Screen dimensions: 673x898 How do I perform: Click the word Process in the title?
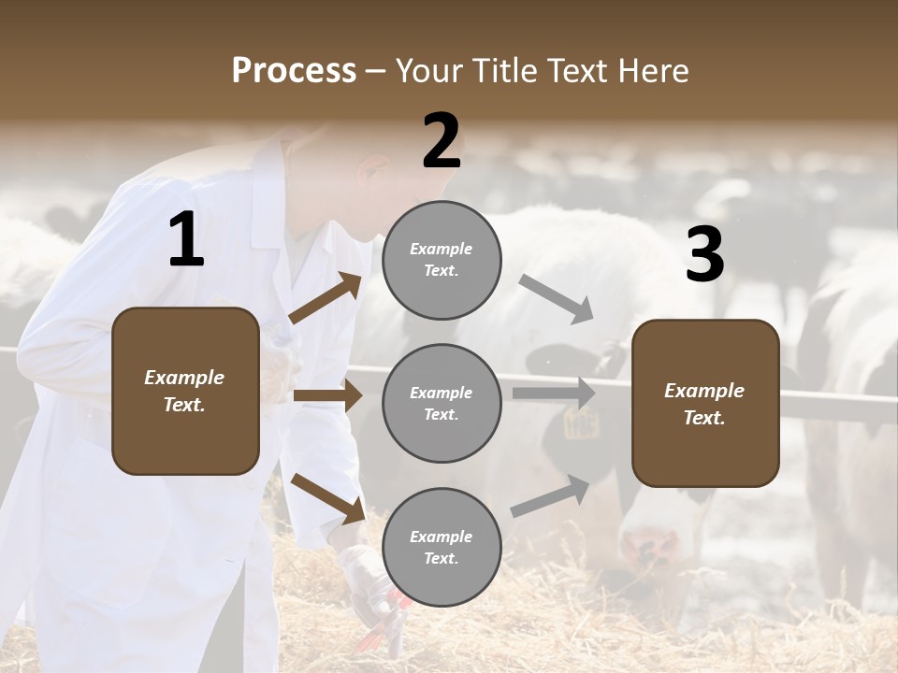(294, 71)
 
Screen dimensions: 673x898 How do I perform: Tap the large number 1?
(186, 240)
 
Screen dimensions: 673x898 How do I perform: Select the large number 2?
(442, 141)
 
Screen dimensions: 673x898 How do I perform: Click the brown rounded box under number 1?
(185, 391)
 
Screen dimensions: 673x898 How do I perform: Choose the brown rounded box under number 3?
(705, 404)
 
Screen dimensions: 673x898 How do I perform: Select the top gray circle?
(442, 260)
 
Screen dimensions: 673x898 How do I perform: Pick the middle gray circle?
(442, 404)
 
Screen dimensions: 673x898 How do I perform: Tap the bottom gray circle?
(442, 548)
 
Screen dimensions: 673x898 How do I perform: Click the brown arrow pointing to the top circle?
(326, 298)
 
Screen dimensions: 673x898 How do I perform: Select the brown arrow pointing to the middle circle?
(327, 395)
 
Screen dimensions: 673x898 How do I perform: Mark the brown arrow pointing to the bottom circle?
(327, 496)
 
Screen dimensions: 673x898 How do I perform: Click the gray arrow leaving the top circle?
(556, 298)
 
